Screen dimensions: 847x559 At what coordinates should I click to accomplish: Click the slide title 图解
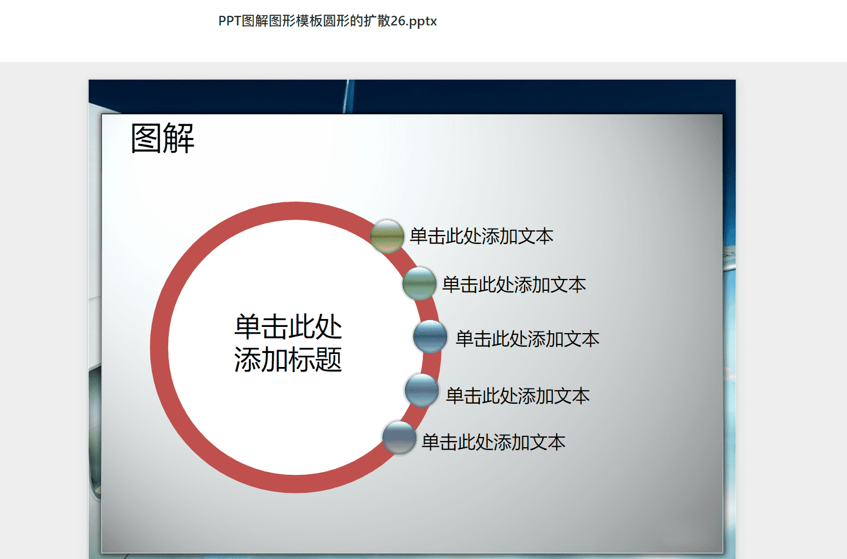(163, 138)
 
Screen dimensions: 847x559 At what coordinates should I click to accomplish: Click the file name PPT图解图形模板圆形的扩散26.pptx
(328, 21)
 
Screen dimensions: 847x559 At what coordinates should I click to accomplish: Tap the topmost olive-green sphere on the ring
(387, 236)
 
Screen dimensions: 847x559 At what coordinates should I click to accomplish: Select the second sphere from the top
(419, 283)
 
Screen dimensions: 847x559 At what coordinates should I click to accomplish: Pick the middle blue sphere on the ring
(430, 337)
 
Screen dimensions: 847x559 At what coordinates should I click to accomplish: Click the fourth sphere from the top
(422, 390)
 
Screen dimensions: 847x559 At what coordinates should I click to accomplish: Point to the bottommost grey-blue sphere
(399, 438)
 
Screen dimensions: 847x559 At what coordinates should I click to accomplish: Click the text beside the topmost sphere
(481, 237)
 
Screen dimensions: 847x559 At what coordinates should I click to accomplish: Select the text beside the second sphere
(514, 285)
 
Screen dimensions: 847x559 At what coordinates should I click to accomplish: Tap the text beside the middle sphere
(527, 339)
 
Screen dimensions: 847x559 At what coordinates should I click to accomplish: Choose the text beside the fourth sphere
(518, 396)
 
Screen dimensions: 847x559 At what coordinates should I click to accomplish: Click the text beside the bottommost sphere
(494, 442)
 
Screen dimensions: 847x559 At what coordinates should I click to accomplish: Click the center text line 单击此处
(288, 327)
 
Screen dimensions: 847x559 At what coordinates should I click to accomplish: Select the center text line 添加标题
(288, 359)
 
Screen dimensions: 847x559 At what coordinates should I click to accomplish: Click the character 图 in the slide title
(146, 138)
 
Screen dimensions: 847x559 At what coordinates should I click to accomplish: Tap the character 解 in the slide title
(179, 138)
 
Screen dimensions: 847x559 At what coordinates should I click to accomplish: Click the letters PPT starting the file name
(230, 21)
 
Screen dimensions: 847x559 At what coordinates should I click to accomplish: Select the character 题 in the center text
(329, 359)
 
